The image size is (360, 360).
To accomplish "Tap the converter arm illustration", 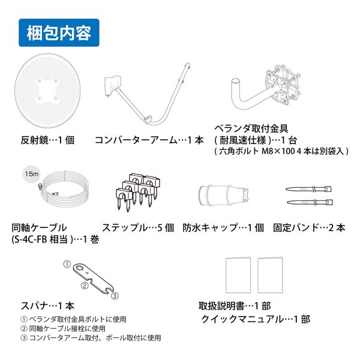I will pos(147,96).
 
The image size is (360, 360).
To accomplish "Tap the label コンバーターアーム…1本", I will pos(147,140).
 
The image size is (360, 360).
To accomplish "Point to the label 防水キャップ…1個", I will pos(223,228).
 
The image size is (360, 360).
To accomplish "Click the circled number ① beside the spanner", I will pos(67,264).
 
